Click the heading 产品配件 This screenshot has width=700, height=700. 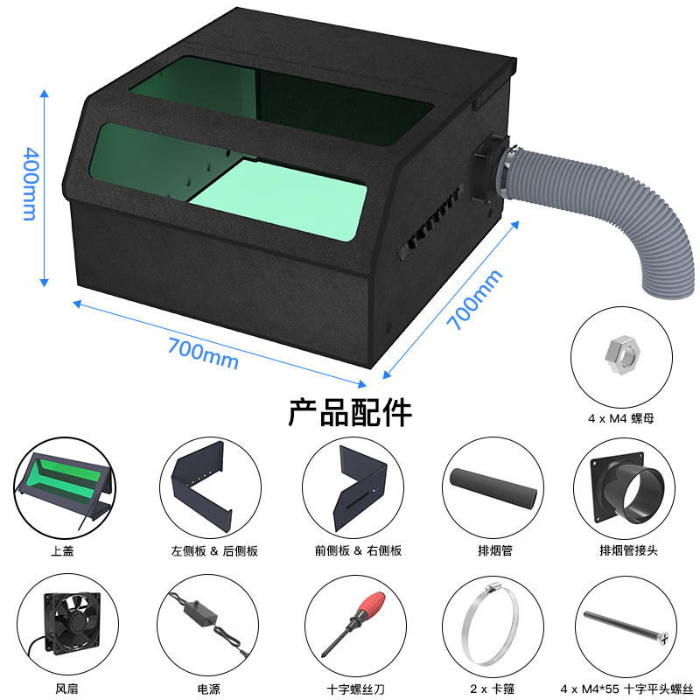pyautogui.click(x=350, y=410)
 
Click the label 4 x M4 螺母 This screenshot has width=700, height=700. pyautogui.click(x=621, y=419)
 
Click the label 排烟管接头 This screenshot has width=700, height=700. pyautogui.click(x=624, y=550)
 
